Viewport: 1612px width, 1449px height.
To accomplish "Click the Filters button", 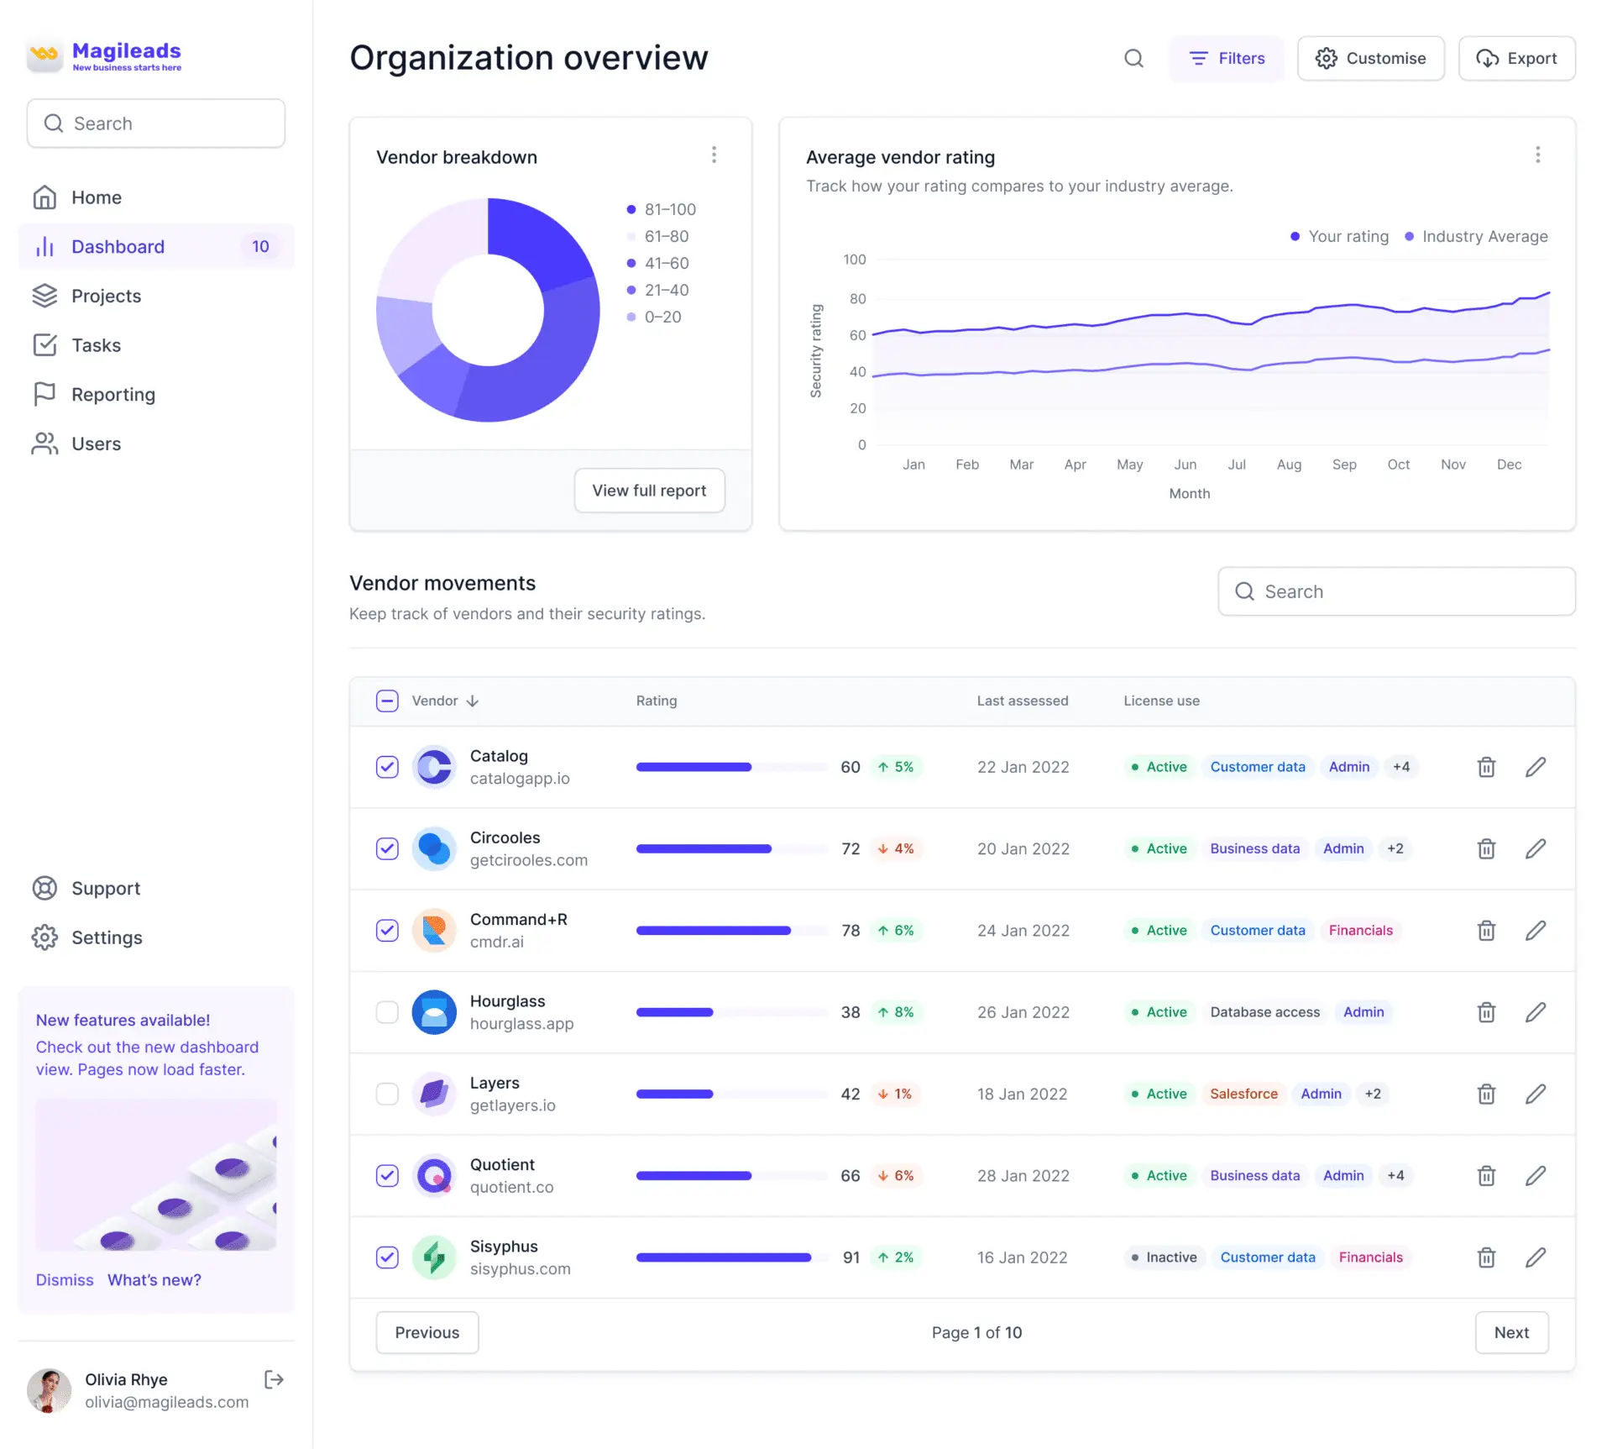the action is coord(1227,58).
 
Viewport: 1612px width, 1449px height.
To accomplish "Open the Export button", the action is coord(1516,58).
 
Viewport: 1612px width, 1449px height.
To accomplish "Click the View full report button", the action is coord(649,491).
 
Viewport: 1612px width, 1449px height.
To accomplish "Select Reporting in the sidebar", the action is coord(113,395).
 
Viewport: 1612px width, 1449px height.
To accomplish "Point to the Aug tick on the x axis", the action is coord(1289,465).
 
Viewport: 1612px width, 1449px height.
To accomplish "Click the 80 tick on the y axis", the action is coord(857,298).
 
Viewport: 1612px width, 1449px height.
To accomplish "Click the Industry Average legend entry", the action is coord(1476,237).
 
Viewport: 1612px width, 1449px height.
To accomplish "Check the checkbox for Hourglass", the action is coord(387,1012).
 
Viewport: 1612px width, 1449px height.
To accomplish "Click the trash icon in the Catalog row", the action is coord(1486,767).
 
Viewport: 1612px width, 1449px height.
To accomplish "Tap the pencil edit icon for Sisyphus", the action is coord(1536,1257).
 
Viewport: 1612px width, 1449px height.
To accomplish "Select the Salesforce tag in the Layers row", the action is coord(1243,1094).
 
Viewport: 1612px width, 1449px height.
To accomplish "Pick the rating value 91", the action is coord(851,1257).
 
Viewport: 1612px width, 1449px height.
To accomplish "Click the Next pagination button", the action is coord(1511,1332).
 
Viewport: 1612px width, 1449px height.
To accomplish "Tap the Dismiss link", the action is coord(65,1280).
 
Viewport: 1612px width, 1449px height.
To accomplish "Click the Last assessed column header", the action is coord(1023,701).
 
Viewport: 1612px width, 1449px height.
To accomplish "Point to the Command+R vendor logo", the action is coord(434,931).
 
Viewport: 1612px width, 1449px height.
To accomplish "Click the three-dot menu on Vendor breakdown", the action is coord(714,155).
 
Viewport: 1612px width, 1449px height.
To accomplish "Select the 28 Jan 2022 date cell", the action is coord(1023,1176).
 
